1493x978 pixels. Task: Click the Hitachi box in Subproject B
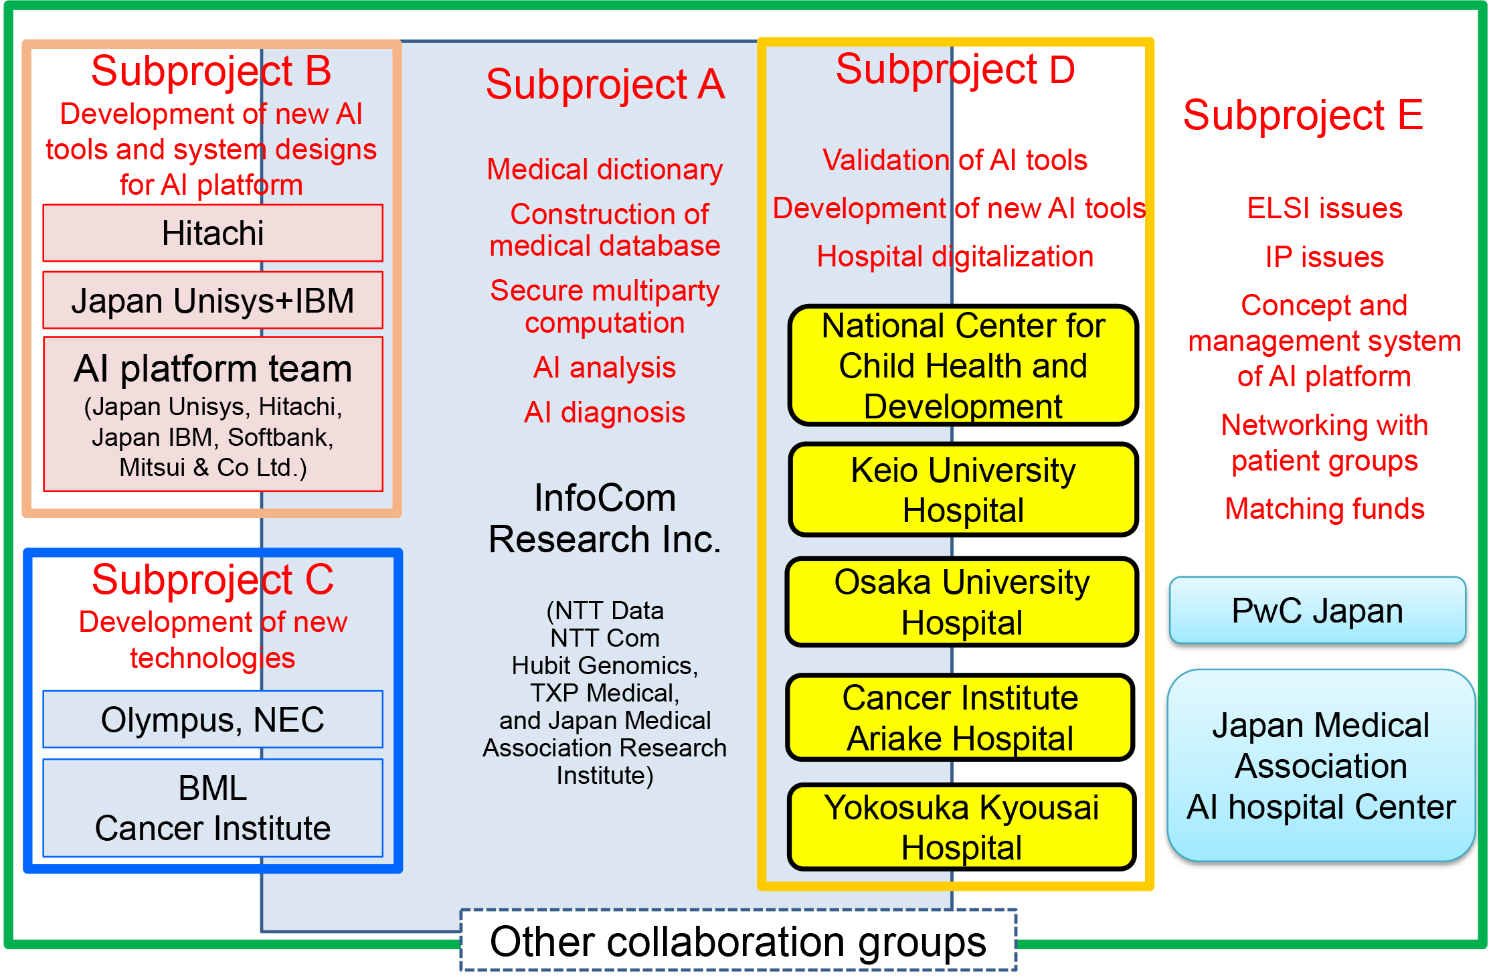click(x=213, y=233)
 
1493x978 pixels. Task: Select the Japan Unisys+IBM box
click(x=213, y=300)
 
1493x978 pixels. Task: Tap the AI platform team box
click(x=213, y=414)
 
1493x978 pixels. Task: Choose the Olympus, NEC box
click(x=213, y=719)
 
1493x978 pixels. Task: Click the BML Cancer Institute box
click(x=213, y=807)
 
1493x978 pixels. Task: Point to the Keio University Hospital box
click(x=963, y=489)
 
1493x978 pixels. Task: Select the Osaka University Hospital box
click(x=962, y=602)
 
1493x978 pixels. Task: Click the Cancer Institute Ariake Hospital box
click(x=960, y=718)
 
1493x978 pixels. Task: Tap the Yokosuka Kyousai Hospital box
click(x=962, y=827)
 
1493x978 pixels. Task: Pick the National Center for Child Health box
click(x=963, y=365)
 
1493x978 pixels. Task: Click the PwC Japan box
click(x=1317, y=610)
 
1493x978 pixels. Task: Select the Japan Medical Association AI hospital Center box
click(x=1321, y=766)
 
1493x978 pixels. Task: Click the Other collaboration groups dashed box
click(x=738, y=940)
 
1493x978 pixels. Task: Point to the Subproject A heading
click(x=605, y=84)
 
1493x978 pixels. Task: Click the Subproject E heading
click(x=1303, y=114)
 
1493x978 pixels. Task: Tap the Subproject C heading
click(x=213, y=579)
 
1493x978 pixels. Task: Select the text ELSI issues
click(x=1324, y=208)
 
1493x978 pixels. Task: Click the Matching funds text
click(x=1324, y=509)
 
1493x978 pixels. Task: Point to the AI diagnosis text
click(x=604, y=412)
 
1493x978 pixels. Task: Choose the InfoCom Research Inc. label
click(x=605, y=518)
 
